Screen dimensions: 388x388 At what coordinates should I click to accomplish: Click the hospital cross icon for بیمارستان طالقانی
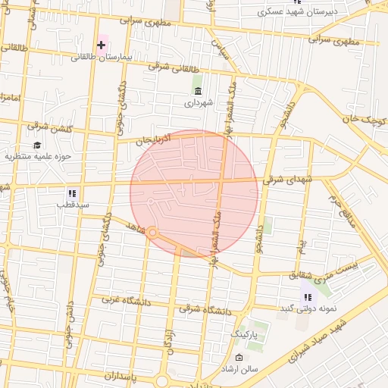coord(101,45)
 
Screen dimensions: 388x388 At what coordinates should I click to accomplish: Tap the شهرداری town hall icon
coord(198,91)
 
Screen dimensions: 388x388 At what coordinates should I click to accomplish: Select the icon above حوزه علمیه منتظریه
coord(36,145)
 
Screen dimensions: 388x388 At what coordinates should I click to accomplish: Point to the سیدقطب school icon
coord(73,192)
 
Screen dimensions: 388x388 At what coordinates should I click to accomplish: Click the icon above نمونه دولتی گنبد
coord(307,297)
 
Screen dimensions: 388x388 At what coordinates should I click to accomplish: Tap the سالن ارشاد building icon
coord(239,358)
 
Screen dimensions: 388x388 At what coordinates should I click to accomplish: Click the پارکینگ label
coord(244,333)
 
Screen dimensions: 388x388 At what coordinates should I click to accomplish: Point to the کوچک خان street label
coord(358,119)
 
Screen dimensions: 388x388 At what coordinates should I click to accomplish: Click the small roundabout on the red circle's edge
coord(152,233)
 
